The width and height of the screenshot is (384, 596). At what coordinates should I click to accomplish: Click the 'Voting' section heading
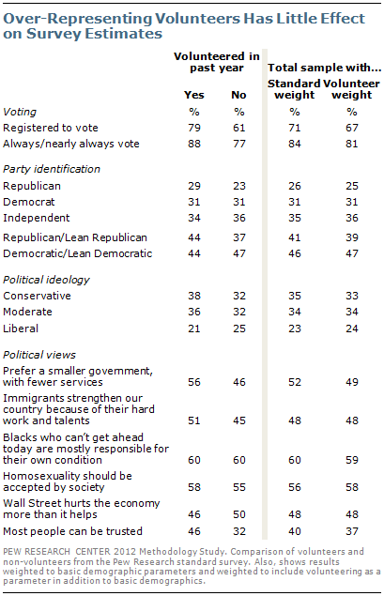click(x=21, y=110)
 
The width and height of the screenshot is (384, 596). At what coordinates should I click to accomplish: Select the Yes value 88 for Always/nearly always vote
click(x=196, y=143)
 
